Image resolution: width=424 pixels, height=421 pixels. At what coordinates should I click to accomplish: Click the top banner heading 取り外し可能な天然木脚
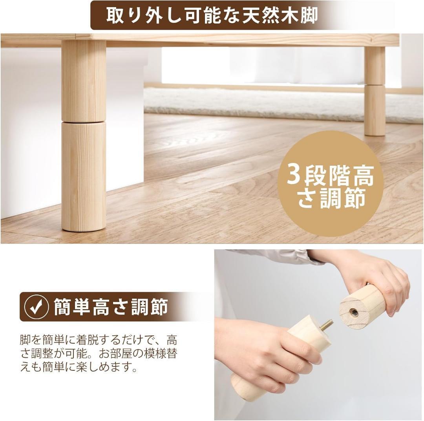click(212, 16)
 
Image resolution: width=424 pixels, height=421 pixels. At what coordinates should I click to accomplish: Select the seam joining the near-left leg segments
click(84, 122)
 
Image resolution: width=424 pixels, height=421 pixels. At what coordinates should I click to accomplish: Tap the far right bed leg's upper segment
click(375, 65)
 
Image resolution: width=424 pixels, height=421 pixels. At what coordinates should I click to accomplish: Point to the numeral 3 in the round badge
click(294, 176)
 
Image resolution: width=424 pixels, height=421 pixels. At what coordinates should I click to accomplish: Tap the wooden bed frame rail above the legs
click(236, 39)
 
